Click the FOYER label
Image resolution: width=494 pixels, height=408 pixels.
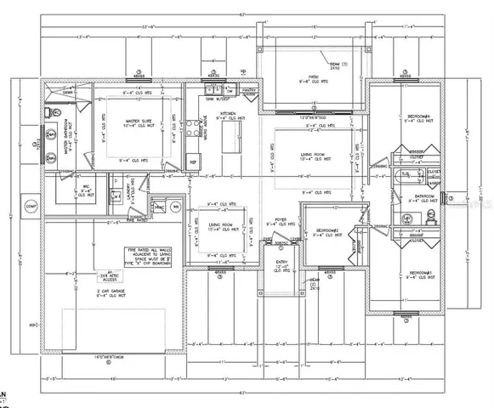click(x=279, y=219)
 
